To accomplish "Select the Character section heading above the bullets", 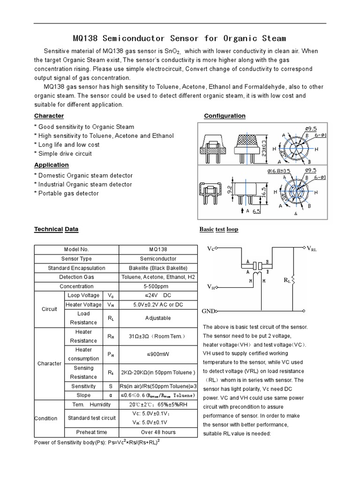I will click(49, 116).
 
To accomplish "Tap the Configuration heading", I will click(225, 116).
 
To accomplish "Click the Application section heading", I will click(52, 165).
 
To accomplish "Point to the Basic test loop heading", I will click(219, 229).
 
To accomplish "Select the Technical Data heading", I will click(56, 229).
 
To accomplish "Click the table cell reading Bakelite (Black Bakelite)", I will click(158, 268).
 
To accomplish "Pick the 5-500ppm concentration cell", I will click(158, 286).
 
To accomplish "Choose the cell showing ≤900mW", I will click(158, 354).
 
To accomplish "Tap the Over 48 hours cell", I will click(158, 432).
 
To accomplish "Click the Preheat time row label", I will click(91, 432).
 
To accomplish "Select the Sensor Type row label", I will click(76, 259).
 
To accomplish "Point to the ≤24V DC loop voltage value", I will click(158, 295).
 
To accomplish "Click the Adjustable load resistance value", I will click(158, 318).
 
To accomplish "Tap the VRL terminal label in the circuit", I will click(312, 248).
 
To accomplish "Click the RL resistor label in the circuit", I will click(287, 280).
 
